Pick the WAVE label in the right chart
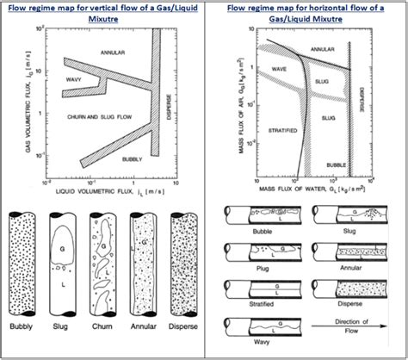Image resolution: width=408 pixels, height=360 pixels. pyautogui.click(x=276, y=64)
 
